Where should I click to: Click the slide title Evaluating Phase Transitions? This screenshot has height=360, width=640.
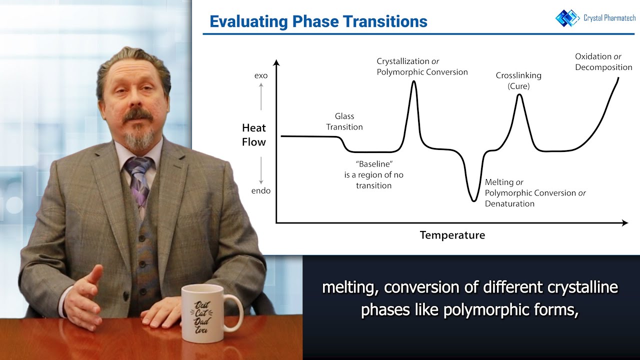click(x=318, y=21)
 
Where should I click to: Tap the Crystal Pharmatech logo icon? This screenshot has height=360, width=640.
click(x=567, y=17)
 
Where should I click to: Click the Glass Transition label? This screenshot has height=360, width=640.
click(x=344, y=121)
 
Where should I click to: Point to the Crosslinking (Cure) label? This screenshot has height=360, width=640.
click(x=518, y=80)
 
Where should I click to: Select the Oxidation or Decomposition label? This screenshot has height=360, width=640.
click(x=603, y=62)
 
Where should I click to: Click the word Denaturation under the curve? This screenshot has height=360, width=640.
click(x=509, y=203)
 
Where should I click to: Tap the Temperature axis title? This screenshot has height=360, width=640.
click(x=452, y=235)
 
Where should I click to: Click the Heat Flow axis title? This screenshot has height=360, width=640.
click(x=254, y=135)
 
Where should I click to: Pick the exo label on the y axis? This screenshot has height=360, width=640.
click(x=261, y=75)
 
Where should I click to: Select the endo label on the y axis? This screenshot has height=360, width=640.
click(x=260, y=190)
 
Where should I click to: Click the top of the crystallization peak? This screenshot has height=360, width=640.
click(x=413, y=81)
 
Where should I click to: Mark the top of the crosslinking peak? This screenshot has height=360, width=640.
click(x=519, y=95)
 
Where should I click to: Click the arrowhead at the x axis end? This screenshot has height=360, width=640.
click(x=624, y=223)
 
